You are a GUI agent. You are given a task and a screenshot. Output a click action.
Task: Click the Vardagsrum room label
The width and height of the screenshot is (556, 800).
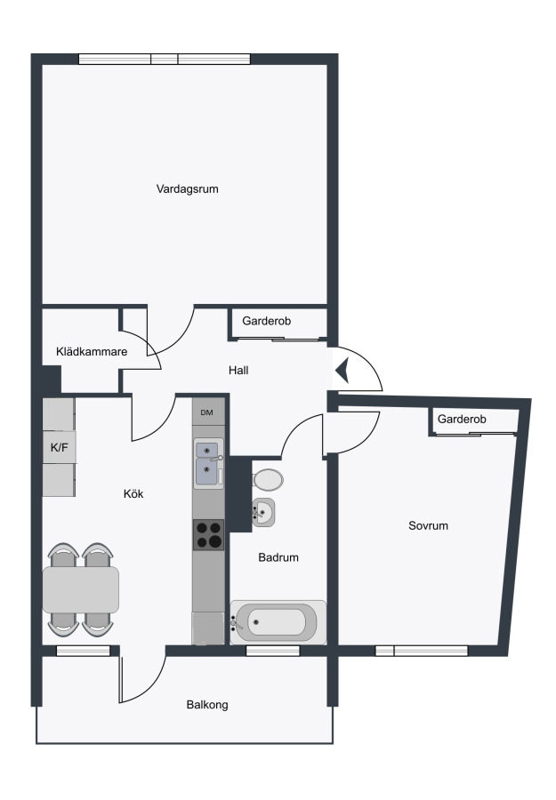click(x=188, y=189)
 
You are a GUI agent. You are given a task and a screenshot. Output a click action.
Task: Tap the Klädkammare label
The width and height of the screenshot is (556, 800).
click(x=92, y=351)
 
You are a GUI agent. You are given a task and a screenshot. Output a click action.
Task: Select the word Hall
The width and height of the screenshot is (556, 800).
click(x=238, y=371)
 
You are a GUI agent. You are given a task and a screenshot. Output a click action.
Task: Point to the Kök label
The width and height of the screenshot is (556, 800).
click(x=133, y=493)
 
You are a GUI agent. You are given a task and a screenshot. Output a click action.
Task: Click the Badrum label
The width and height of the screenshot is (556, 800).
click(x=278, y=557)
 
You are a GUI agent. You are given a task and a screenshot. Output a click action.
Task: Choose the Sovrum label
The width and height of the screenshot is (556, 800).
click(x=429, y=525)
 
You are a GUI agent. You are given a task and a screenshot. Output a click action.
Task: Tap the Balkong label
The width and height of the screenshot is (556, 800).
click(x=207, y=705)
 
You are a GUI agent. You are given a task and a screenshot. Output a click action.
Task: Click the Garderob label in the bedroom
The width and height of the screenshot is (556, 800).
click(x=462, y=419)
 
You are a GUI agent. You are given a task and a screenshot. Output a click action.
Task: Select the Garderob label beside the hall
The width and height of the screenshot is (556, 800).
click(x=267, y=321)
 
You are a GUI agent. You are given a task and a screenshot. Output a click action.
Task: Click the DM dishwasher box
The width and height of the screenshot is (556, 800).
click(x=208, y=412)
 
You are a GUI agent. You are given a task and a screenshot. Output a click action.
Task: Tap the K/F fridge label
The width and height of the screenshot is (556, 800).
click(x=60, y=448)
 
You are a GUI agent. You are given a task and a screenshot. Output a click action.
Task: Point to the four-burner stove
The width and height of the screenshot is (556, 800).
click(x=208, y=535)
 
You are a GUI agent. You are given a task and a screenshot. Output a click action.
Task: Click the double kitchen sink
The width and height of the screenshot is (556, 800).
click(x=208, y=464)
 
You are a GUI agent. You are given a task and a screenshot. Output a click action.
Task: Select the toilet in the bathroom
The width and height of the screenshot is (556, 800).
click(x=268, y=480)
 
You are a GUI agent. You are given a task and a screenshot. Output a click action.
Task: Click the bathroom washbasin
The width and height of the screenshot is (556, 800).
click(x=263, y=512)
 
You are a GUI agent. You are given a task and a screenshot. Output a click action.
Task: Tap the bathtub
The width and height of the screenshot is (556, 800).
click(x=278, y=622)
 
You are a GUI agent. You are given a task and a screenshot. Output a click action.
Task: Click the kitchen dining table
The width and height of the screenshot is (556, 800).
click(x=81, y=590)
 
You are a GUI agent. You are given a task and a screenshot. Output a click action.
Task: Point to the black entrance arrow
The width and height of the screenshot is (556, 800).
click(x=342, y=370)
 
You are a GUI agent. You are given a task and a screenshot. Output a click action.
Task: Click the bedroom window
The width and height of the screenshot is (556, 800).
click(x=422, y=651)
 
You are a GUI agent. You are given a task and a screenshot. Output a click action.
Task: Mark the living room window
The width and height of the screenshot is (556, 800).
click(x=165, y=60)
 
